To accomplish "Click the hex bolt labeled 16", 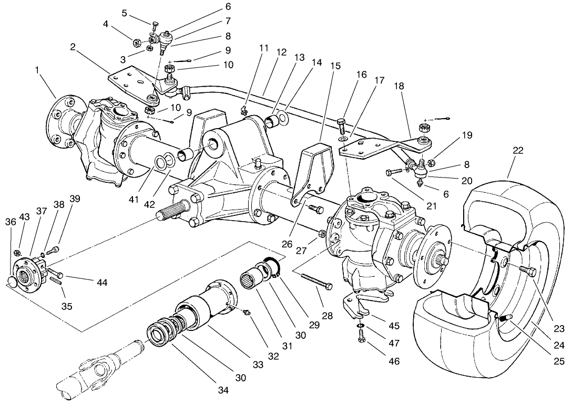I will tap(340, 127).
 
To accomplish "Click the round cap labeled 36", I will tap(13, 284).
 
